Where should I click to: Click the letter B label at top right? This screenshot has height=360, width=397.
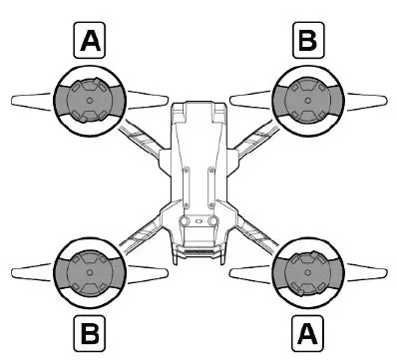[306, 43]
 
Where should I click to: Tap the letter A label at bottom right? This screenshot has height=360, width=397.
[306, 326]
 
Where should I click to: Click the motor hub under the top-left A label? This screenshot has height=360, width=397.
[89, 101]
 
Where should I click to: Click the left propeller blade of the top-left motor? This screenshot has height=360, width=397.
[28, 100]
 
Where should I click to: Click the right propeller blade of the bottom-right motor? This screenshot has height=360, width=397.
[366, 269]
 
